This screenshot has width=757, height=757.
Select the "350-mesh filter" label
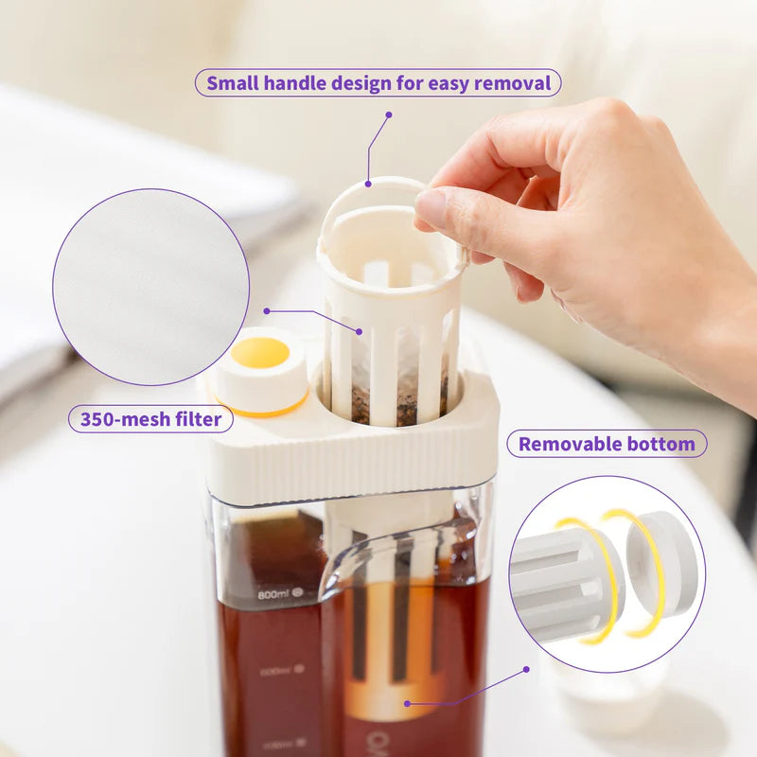pos(150,418)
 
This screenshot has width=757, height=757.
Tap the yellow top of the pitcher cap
pos(260,353)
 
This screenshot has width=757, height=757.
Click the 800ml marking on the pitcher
pos(273,594)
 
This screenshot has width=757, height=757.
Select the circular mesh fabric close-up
pos(150,287)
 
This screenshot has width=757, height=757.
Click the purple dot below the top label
pos(388,114)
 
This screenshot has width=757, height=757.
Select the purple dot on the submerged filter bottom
pos(407,703)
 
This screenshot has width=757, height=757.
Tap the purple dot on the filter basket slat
pos(360,331)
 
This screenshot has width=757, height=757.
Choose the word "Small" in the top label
pos(233,83)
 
